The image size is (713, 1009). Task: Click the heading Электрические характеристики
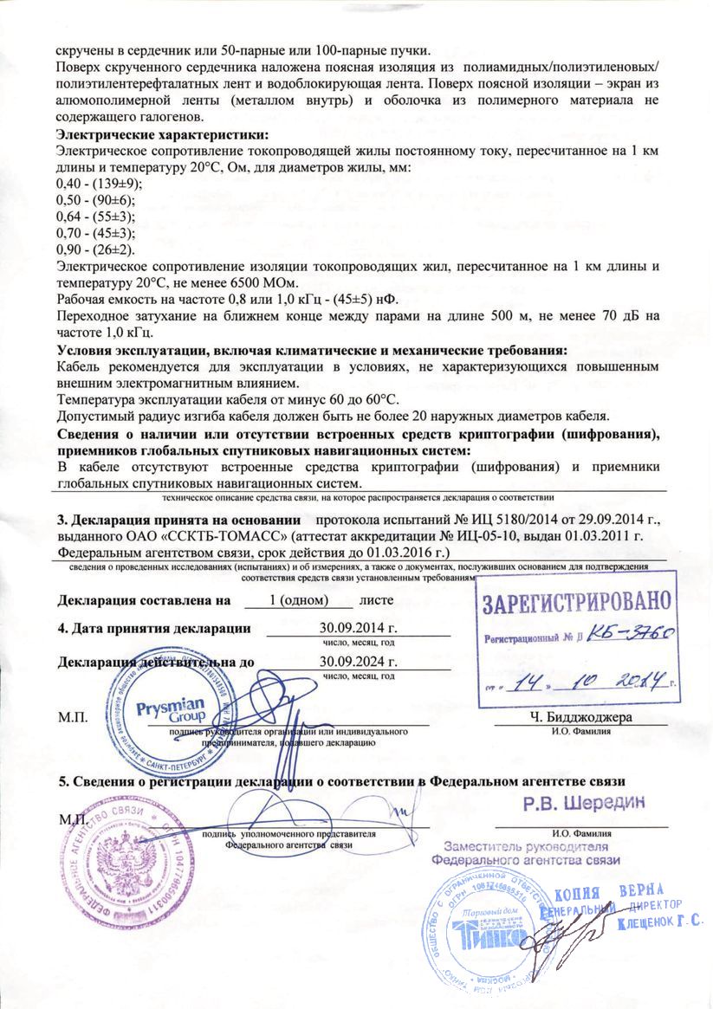click(162, 135)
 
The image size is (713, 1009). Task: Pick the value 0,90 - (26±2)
click(96, 249)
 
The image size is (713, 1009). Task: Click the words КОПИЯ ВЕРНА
click(620, 893)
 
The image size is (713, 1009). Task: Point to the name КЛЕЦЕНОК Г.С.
click(660, 924)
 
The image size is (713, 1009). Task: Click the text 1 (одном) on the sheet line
click(298, 598)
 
